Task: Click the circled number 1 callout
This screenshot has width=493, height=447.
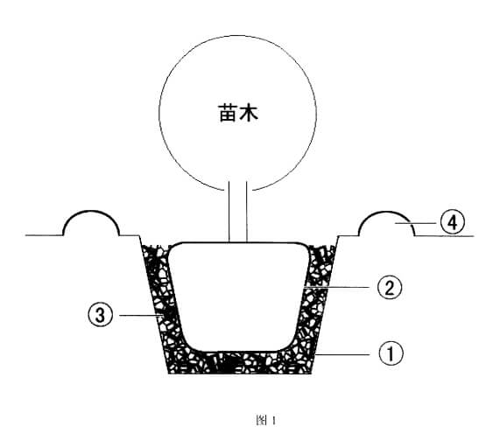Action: pos(391,353)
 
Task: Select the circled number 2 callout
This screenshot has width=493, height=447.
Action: pos(390,288)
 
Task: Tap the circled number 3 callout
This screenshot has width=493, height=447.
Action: pos(100,315)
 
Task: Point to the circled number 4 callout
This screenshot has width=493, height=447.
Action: pos(452,223)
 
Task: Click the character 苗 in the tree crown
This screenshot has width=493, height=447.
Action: pos(228,113)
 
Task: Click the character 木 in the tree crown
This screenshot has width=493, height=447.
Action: pos(249,113)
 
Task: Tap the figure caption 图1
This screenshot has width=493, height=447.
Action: pos(266,420)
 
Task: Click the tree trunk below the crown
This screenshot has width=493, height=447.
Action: pos(238,211)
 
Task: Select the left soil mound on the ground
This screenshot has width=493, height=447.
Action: pos(91,222)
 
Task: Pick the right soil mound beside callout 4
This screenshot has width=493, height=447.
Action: pos(386,222)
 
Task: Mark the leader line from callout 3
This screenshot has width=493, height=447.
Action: pos(140,315)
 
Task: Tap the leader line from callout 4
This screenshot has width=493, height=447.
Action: pos(415,223)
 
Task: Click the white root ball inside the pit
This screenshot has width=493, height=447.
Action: pos(238,297)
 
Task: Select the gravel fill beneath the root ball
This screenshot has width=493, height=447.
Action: pos(240,363)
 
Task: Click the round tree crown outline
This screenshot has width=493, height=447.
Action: pos(159,113)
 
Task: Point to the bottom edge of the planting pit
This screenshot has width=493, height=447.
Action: pos(240,374)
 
